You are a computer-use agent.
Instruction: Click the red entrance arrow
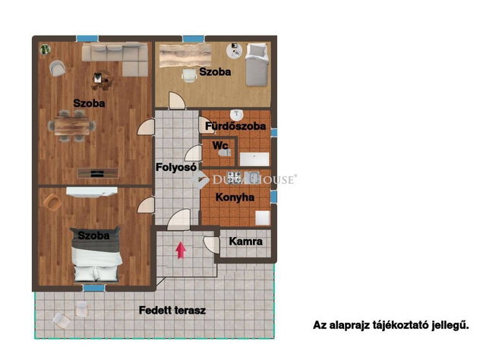pyautogui.click(x=181, y=251)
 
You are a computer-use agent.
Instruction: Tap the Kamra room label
pyautogui.click(x=246, y=242)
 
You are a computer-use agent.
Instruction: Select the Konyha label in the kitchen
pyautogui.click(x=235, y=197)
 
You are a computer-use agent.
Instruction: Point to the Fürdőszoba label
pyautogui.click(x=235, y=126)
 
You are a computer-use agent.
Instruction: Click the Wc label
pyautogui.click(x=220, y=145)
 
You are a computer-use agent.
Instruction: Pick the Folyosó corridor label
pyautogui.click(x=176, y=167)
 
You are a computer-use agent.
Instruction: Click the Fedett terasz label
pyautogui.click(x=172, y=310)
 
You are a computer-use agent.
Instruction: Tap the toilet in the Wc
pyautogui.click(x=225, y=153)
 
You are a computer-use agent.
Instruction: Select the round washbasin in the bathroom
pyautogui.click(x=237, y=115)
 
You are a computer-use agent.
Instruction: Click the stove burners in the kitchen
pyautogui.click(x=234, y=178)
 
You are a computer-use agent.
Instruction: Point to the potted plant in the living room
pyautogui.click(x=46, y=49)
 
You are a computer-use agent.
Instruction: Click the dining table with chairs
pyautogui.click(x=72, y=126)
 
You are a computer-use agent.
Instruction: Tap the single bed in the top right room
pyautogui.click(x=257, y=65)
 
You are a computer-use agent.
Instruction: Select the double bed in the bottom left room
pyautogui.click(x=96, y=254)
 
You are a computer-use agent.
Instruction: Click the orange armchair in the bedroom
pyautogui.click(x=52, y=203)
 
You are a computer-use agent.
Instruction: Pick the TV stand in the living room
pyautogui.click(x=98, y=173)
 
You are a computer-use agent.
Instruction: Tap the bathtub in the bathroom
pyautogui.click(x=254, y=159)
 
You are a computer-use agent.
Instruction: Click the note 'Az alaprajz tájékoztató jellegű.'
pyautogui.click(x=391, y=325)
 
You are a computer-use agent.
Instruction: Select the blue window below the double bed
pyautogui.click(x=93, y=288)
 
